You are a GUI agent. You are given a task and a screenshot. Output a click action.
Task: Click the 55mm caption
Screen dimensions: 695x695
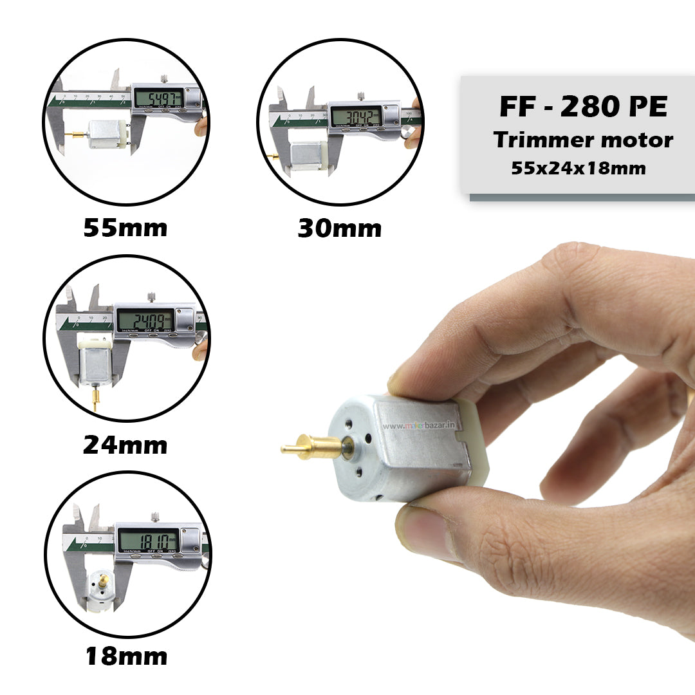click(125, 228)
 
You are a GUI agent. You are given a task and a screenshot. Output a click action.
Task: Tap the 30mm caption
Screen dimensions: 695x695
click(339, 228)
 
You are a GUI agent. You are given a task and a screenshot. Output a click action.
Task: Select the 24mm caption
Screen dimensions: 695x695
click(125, 445)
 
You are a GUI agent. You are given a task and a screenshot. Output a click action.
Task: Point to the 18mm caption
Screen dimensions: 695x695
click(126, 656)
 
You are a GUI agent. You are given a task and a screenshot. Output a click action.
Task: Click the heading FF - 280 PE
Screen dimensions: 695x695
click(583, 107)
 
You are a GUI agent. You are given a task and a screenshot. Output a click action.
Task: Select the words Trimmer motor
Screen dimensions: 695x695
click(583, 140)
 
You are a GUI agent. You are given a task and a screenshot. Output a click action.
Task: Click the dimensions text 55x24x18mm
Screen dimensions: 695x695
click(579, 169)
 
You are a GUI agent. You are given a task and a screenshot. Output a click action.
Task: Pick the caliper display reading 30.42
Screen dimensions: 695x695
click(355, 116)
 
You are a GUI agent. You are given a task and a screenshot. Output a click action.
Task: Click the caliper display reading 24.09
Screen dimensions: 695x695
click(145, 319)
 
